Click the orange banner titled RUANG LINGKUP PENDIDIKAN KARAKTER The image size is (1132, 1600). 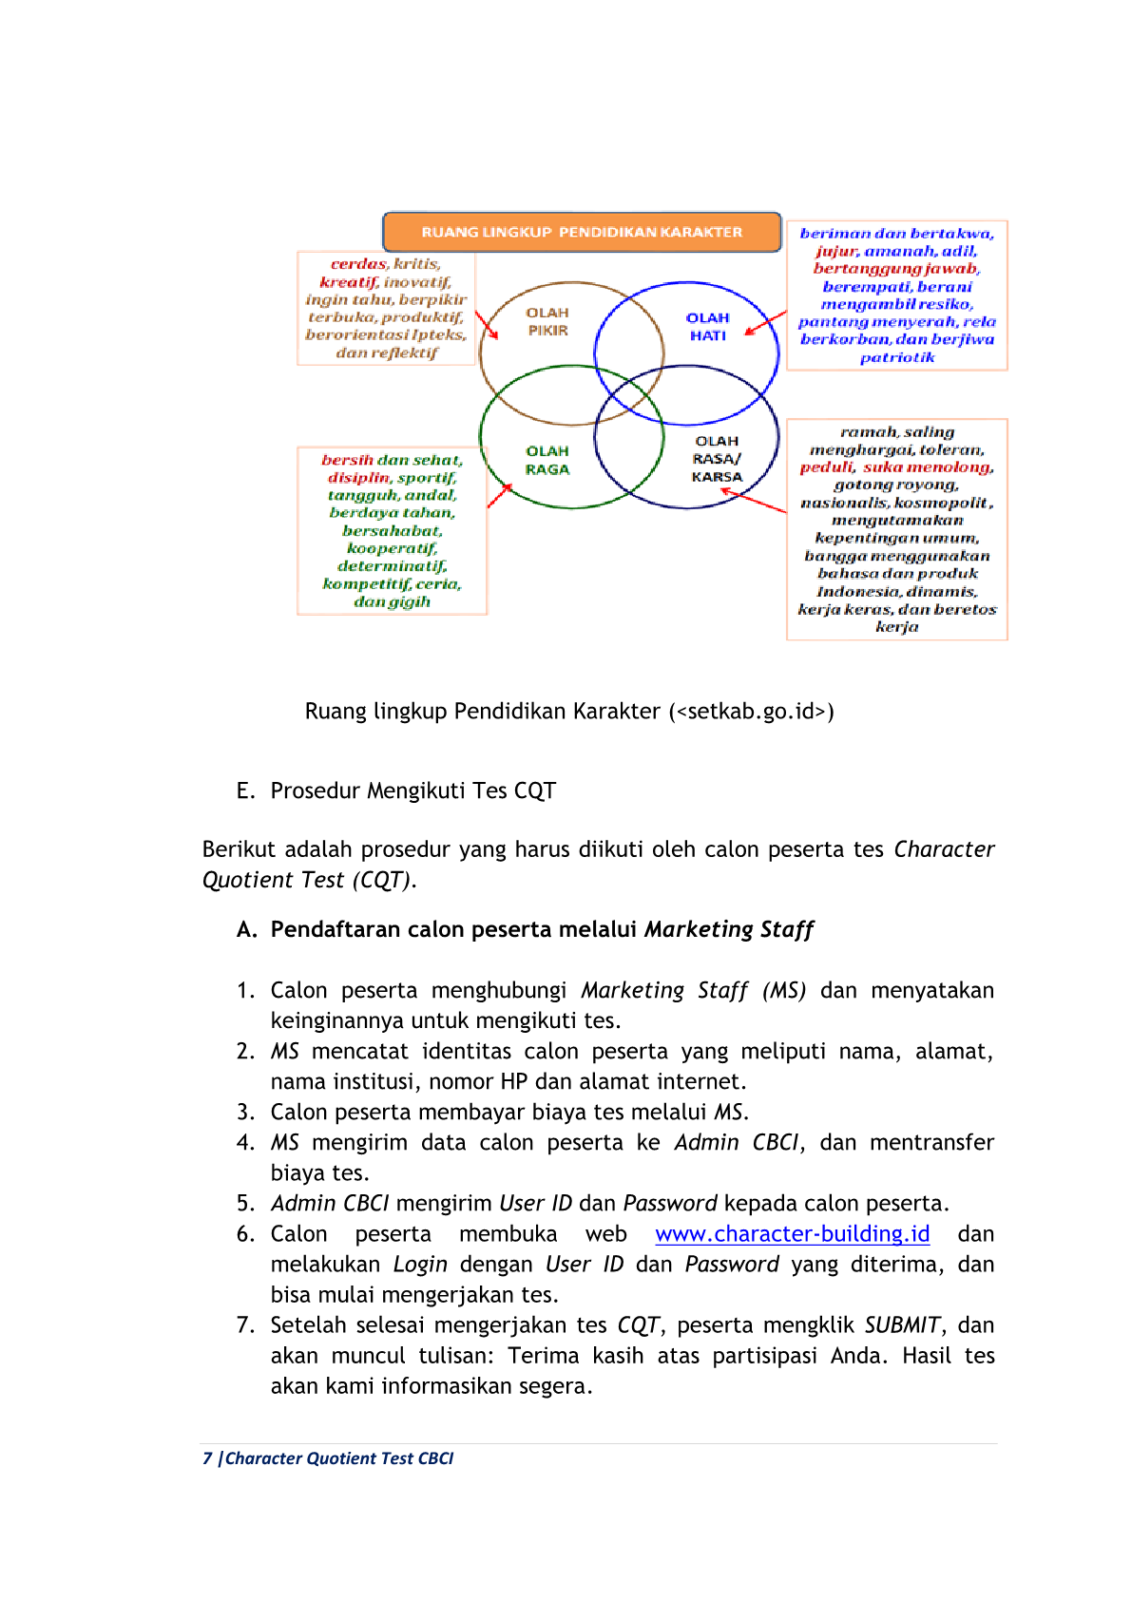pos(582,233)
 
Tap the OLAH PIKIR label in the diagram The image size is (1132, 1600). pos(547,321)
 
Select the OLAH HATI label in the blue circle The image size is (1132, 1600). pos(707,327)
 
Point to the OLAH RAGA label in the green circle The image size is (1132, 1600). pos(547,460)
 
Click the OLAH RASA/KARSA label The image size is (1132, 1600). pos(717,459)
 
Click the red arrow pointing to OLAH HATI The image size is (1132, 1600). pos(765,323)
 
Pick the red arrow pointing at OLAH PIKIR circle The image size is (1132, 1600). pos(487,325)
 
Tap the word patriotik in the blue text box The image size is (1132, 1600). pos(896,358)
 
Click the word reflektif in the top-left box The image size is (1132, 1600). pos(404,353)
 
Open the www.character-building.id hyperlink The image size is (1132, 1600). pos(792,1234)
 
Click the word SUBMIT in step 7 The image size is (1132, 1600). pos(902,1325)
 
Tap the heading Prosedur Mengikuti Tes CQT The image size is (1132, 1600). pos(413,790)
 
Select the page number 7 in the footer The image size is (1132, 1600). pos(207,1458)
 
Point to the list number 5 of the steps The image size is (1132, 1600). pos(245,1204)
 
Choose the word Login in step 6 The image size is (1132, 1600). pos(420,1265)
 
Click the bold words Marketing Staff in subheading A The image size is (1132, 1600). pos(729,929)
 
